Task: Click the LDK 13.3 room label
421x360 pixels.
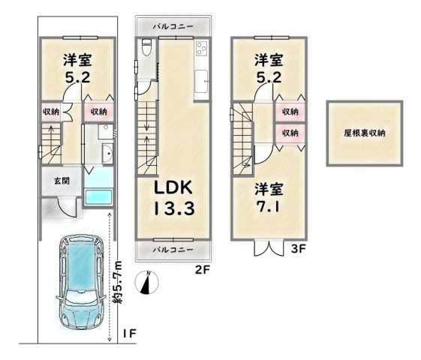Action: [173, 198]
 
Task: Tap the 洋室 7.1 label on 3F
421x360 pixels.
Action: [269, 198]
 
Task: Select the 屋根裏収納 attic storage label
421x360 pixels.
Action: [365, 133]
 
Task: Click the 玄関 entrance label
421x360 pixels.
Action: [62, 181]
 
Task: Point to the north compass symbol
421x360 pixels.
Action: [147, 283]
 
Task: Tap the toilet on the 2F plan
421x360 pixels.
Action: [146, 47]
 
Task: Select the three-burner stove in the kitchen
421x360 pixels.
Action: [201, 49]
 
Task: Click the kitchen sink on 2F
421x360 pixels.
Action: [201, 81]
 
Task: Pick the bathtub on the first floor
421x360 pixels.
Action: [98, 197]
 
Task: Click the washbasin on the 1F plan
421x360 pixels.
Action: [107, 153]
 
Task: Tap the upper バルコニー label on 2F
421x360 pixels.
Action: [173, 26]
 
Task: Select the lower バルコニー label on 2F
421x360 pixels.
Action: [173, 250]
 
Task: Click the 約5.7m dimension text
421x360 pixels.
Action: [118, 282]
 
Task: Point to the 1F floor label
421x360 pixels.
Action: [130, 334]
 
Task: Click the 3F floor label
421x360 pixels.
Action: [299, 249]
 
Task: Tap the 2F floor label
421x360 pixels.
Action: [202, 269]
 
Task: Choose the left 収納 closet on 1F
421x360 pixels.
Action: [51, 111]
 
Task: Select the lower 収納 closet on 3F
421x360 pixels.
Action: [290, 133]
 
